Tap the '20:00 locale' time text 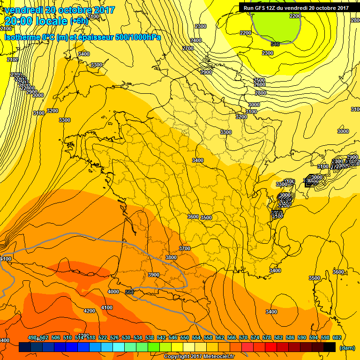point(36,21)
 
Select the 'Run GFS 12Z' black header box point(296,7)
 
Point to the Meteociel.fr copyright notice point(199,356)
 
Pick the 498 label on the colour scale point(32,337)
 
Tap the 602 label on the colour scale point(337,337)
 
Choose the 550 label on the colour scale point(184,337)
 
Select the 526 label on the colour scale point(114,337)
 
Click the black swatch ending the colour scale point(330,347)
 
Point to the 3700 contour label point(184,248)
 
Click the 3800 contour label point(171,257)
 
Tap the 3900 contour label point(153,275)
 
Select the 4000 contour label point(113,292)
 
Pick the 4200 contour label point(89,311)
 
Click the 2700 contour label point(187,48)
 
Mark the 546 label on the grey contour point(275,44)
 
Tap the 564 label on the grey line point(130,292)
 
